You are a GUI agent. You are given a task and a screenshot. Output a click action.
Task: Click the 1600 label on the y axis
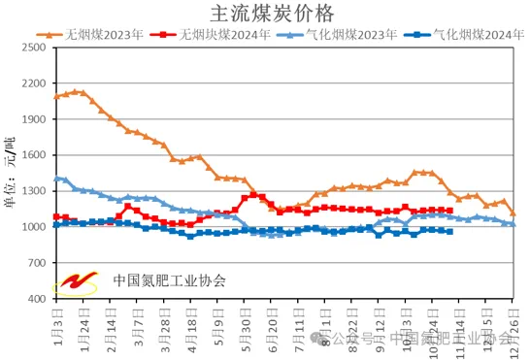tap(33, 154)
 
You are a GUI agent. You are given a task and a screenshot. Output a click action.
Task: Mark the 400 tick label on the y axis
tap(36, 299)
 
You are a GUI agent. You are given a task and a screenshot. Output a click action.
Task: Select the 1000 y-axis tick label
tap(33, 227)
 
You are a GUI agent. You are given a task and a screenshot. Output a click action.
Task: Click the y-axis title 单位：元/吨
tap(11, 173)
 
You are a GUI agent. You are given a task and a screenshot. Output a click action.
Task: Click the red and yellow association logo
tap(76, 280)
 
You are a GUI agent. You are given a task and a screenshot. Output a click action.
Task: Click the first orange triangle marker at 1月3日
tap(55, 96)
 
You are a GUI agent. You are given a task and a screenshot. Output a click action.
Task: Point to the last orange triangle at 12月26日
tap(513, 213)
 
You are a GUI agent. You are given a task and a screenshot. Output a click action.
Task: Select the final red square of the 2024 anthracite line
tap(449, 211)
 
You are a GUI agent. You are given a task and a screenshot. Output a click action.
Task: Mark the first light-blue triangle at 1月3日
tap(55, 179)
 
